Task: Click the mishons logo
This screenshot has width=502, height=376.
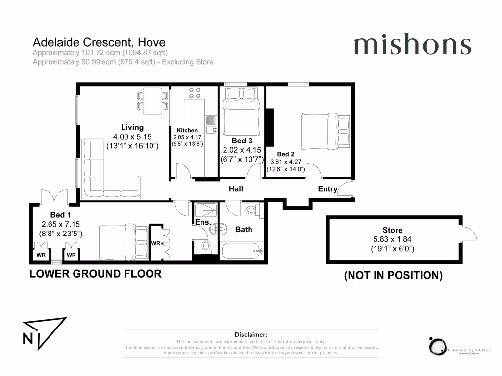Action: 412,46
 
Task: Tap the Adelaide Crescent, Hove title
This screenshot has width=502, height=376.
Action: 99,42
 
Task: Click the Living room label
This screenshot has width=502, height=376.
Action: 132,127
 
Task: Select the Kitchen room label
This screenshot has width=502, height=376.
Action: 187,130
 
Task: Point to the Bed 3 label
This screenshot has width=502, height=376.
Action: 242,140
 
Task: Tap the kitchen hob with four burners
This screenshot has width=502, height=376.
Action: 195,92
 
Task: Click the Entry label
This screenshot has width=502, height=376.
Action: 327,189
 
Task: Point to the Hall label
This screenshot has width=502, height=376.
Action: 236,189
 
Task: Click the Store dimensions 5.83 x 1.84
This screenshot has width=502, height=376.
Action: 392,239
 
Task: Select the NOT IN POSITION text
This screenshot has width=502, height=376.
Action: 393,276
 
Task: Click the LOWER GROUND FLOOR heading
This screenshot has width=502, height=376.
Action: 96,274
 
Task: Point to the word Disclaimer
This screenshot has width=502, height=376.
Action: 251,334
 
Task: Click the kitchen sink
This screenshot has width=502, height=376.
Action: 211,125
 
